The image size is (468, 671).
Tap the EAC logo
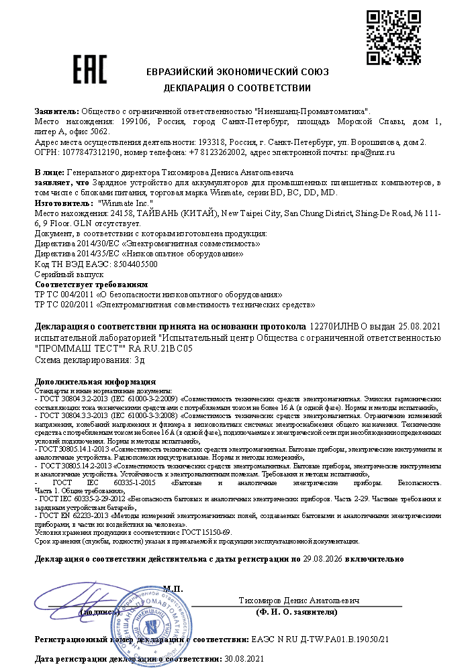point(90,68)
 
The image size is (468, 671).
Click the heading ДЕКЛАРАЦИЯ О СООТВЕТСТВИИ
point(237,88)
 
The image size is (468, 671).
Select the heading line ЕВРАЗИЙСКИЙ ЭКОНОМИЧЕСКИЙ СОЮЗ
point(237,72)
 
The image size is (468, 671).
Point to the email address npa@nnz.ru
point(373,152)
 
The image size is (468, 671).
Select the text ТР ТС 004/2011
point(57,295)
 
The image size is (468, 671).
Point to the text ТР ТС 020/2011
point(57,305)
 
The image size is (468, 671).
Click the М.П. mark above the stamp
point(173,589)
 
